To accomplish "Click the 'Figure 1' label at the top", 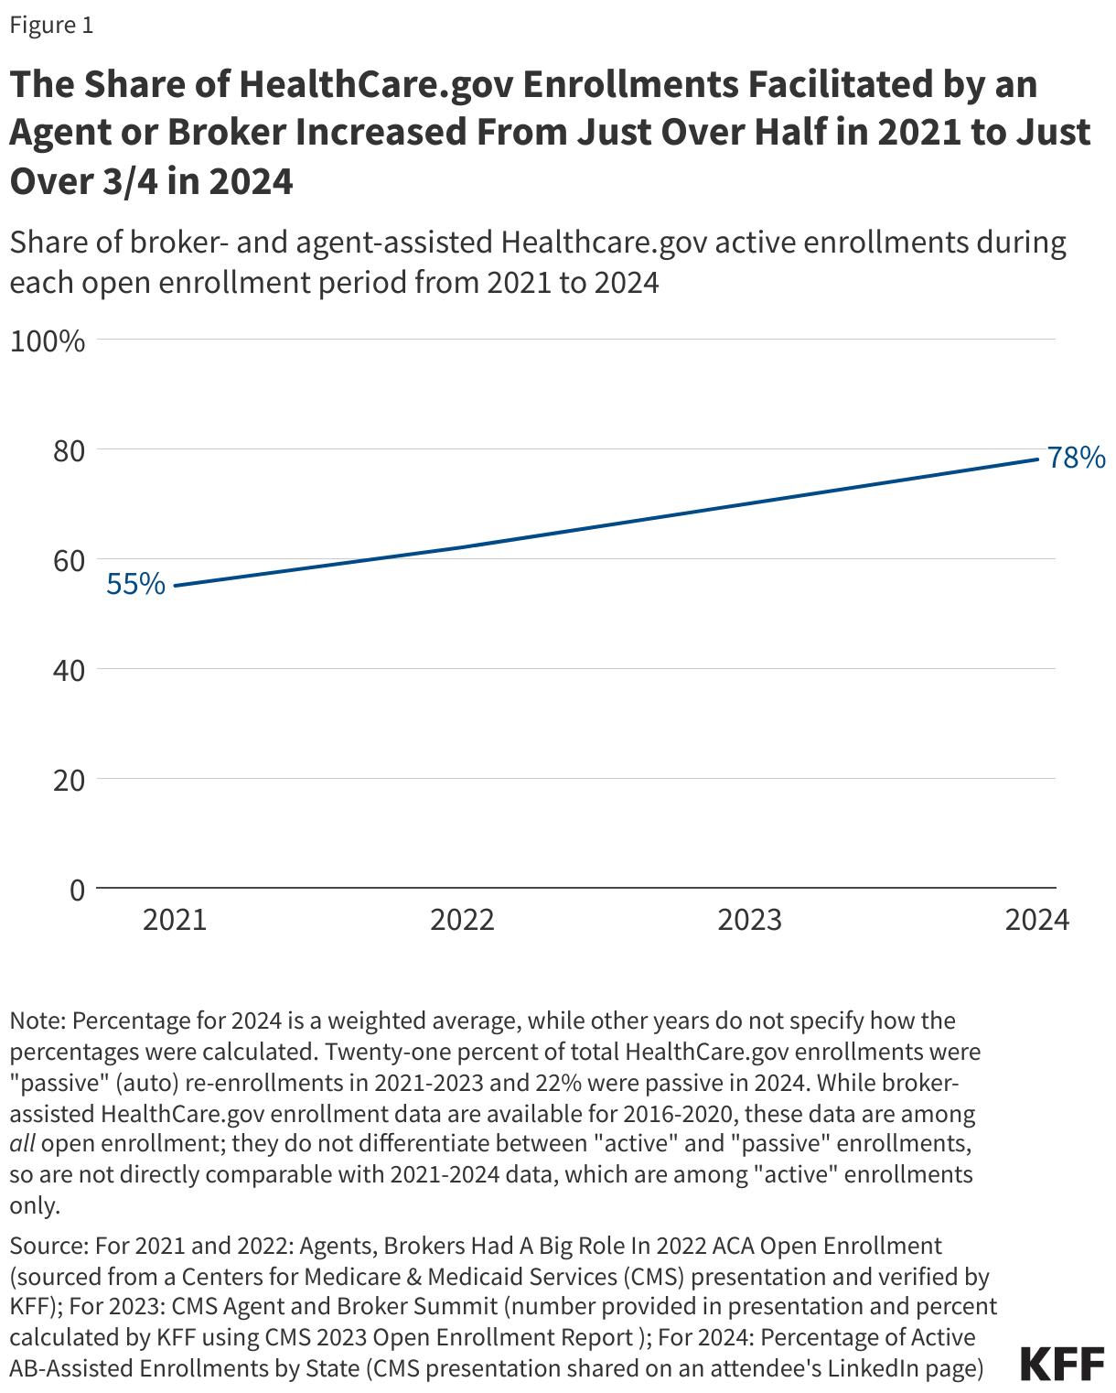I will (51, 25).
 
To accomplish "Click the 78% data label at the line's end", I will (1077, 458).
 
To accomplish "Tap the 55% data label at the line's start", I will (135, 584).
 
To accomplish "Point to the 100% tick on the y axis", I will (48, 341).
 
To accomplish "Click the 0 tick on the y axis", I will (76, 890).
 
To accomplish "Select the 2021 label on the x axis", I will (175, 920).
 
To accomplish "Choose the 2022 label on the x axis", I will (462, 920).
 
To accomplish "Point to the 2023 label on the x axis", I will (749, 920).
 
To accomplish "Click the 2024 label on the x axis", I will (1036, 920).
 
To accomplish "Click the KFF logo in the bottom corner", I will (1062, 1364).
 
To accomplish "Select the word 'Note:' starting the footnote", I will (38, 1020).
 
